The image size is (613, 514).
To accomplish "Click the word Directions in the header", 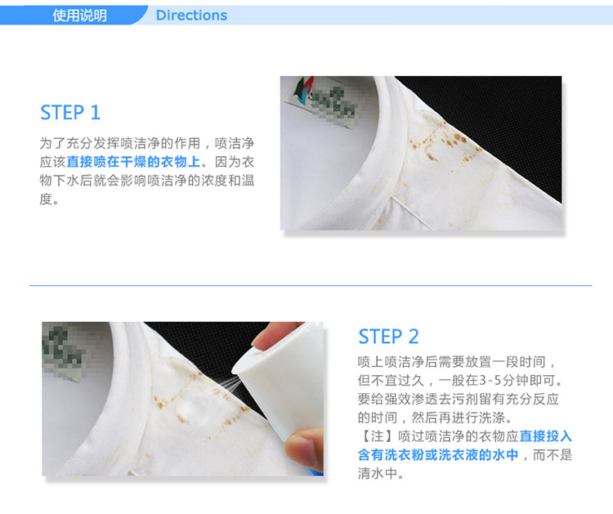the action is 191,16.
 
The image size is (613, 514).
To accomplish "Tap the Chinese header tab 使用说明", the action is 80,16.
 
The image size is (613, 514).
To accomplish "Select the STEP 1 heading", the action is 71,113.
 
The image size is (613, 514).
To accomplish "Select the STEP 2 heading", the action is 388,337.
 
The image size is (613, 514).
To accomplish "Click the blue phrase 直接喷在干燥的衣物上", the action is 134,162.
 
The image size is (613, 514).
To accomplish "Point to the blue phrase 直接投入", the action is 546,436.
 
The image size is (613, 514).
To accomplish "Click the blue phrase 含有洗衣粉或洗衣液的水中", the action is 438,454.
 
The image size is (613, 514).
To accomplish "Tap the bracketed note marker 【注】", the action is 378,436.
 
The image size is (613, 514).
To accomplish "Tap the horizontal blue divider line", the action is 311,285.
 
